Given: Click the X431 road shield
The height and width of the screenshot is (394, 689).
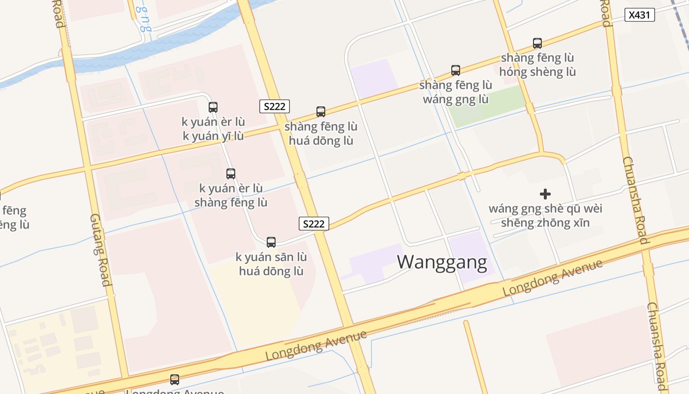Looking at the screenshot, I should coord(640,15).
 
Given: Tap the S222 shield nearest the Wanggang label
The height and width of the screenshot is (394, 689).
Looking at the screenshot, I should coord(314,224).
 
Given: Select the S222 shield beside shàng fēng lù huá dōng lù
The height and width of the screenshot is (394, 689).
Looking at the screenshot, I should coord(275,106).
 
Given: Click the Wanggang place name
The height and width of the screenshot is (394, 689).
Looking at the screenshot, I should coord(442,262).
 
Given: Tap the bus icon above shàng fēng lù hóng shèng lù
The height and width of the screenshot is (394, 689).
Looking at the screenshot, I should coord(537,43).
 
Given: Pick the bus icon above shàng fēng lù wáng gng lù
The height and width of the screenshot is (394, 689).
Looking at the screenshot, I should coord(456,70).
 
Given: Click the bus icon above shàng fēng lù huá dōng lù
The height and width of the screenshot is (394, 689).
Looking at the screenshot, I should coord(321,112).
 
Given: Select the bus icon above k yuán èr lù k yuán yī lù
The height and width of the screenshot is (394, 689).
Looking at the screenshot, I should coord(213,107).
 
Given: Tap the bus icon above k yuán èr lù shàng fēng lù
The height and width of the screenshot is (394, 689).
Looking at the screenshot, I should coord(231,173).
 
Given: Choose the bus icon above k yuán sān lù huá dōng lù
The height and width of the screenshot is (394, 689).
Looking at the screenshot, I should coord(271,242).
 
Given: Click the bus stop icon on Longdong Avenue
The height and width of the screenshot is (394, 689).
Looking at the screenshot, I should coord(175,380).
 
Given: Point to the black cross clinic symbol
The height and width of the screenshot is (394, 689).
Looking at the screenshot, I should coord(545,194).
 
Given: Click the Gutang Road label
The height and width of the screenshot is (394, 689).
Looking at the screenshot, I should coord(100,250).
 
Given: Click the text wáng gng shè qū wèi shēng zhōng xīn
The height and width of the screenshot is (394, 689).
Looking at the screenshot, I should coord(545,216).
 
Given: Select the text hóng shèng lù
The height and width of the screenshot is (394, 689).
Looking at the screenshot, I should coord(537,72).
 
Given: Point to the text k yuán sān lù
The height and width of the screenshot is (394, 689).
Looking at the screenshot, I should coord(271,257).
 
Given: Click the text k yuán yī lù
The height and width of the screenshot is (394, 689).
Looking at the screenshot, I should coord(213,136).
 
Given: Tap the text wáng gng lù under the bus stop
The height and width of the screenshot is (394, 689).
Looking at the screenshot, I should coord(456,99).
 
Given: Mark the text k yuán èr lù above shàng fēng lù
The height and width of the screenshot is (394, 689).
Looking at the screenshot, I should coord(231,189).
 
